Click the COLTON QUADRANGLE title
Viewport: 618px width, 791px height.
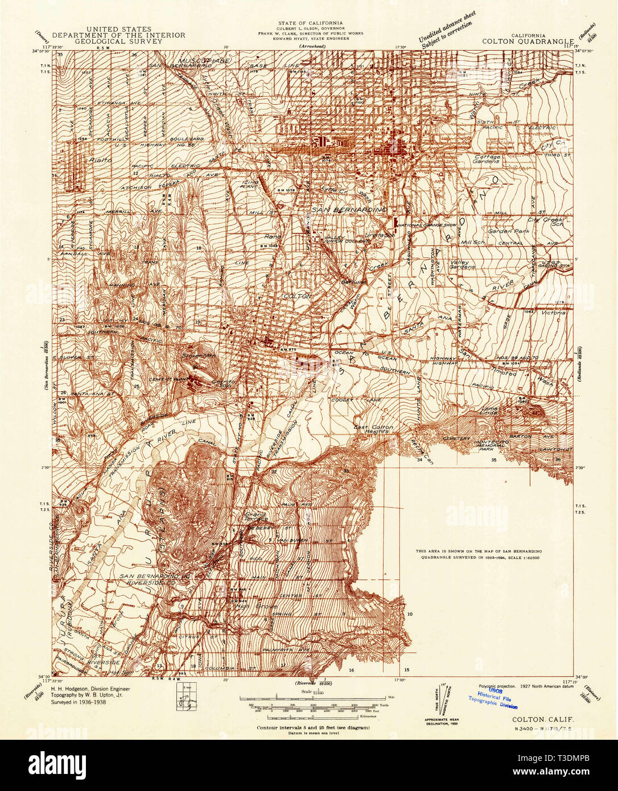pos(526,41)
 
